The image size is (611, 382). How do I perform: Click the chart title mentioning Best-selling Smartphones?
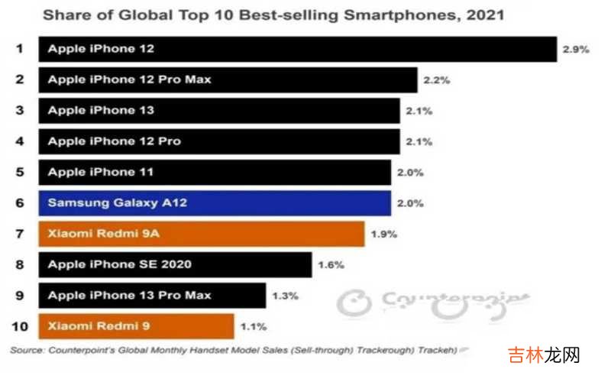pos(273,15)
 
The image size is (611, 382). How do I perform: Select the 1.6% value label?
pos(331,265)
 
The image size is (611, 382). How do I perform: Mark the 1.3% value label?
pos(285,296)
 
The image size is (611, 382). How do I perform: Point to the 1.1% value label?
pos(253,327)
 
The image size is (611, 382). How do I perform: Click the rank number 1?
pos(20,49)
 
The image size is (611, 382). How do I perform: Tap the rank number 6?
pos(20,203)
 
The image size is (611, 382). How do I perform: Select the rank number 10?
pos(20,327)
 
